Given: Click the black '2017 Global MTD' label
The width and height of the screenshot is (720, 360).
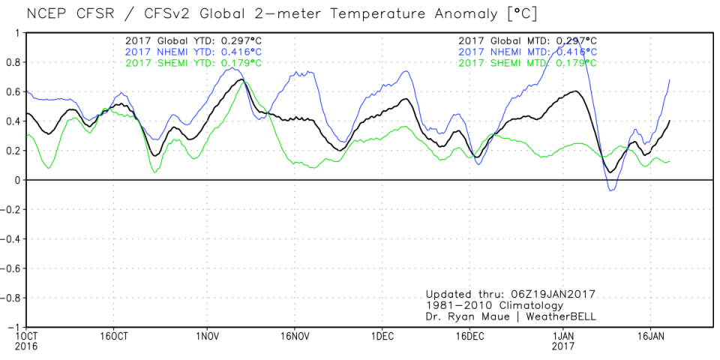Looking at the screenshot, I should pyautogui.click(x=527, y=40).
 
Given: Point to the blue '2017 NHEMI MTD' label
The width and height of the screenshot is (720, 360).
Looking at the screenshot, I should pyautogui.click(x=527, y=52).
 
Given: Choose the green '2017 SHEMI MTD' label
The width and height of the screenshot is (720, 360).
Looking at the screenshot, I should pyautogui.click(x=527, y=63).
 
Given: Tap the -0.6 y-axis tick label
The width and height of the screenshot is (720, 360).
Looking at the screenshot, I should pyautogui.click(x=11, y=268).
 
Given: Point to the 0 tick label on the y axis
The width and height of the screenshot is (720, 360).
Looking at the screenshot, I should pyautogui.click(x=17, y=180).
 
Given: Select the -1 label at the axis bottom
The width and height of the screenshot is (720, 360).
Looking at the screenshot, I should pyautogui.click(x=14, y=327).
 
